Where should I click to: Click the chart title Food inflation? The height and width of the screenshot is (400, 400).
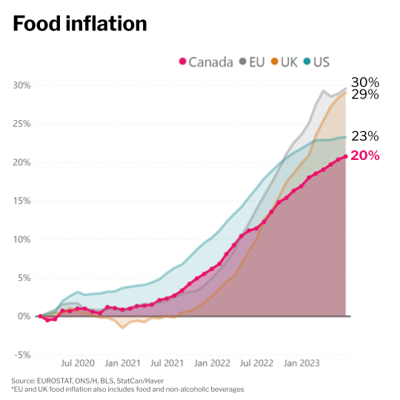point(79,24)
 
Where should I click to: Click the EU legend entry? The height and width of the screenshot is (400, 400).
point(252,61)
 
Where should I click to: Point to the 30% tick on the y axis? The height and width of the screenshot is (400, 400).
point(21,85)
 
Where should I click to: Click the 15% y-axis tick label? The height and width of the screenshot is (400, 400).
point(21,201)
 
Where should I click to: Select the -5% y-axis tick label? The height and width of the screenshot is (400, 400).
point(21,355)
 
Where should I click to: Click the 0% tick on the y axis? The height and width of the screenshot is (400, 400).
point(24,316)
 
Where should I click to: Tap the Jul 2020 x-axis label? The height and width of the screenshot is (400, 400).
point(77,364)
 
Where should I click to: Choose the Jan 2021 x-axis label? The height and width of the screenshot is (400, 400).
point(122,364)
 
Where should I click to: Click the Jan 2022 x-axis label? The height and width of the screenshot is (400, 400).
point(212,364)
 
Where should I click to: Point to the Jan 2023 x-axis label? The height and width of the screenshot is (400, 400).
point(301,364)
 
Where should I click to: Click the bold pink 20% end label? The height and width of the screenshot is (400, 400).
point(364,156)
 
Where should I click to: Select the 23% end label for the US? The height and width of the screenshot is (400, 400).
point(364,136)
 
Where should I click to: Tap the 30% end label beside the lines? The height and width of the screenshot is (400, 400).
point(364,82)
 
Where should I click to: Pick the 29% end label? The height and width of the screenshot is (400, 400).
point(364,95)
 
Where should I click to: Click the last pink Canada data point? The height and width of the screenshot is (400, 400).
point(345,156)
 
